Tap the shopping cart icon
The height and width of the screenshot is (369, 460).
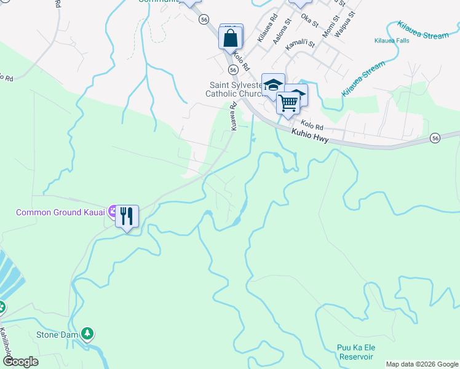[287, 103]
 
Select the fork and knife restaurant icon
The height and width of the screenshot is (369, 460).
[127, 216]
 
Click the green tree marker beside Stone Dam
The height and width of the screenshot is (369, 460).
[89, 333]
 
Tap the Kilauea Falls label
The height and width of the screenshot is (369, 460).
[392, 41]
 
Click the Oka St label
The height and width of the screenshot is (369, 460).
[309, 20]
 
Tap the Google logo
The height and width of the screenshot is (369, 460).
[20, 362]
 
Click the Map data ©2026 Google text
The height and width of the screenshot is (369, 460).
[421, 364]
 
